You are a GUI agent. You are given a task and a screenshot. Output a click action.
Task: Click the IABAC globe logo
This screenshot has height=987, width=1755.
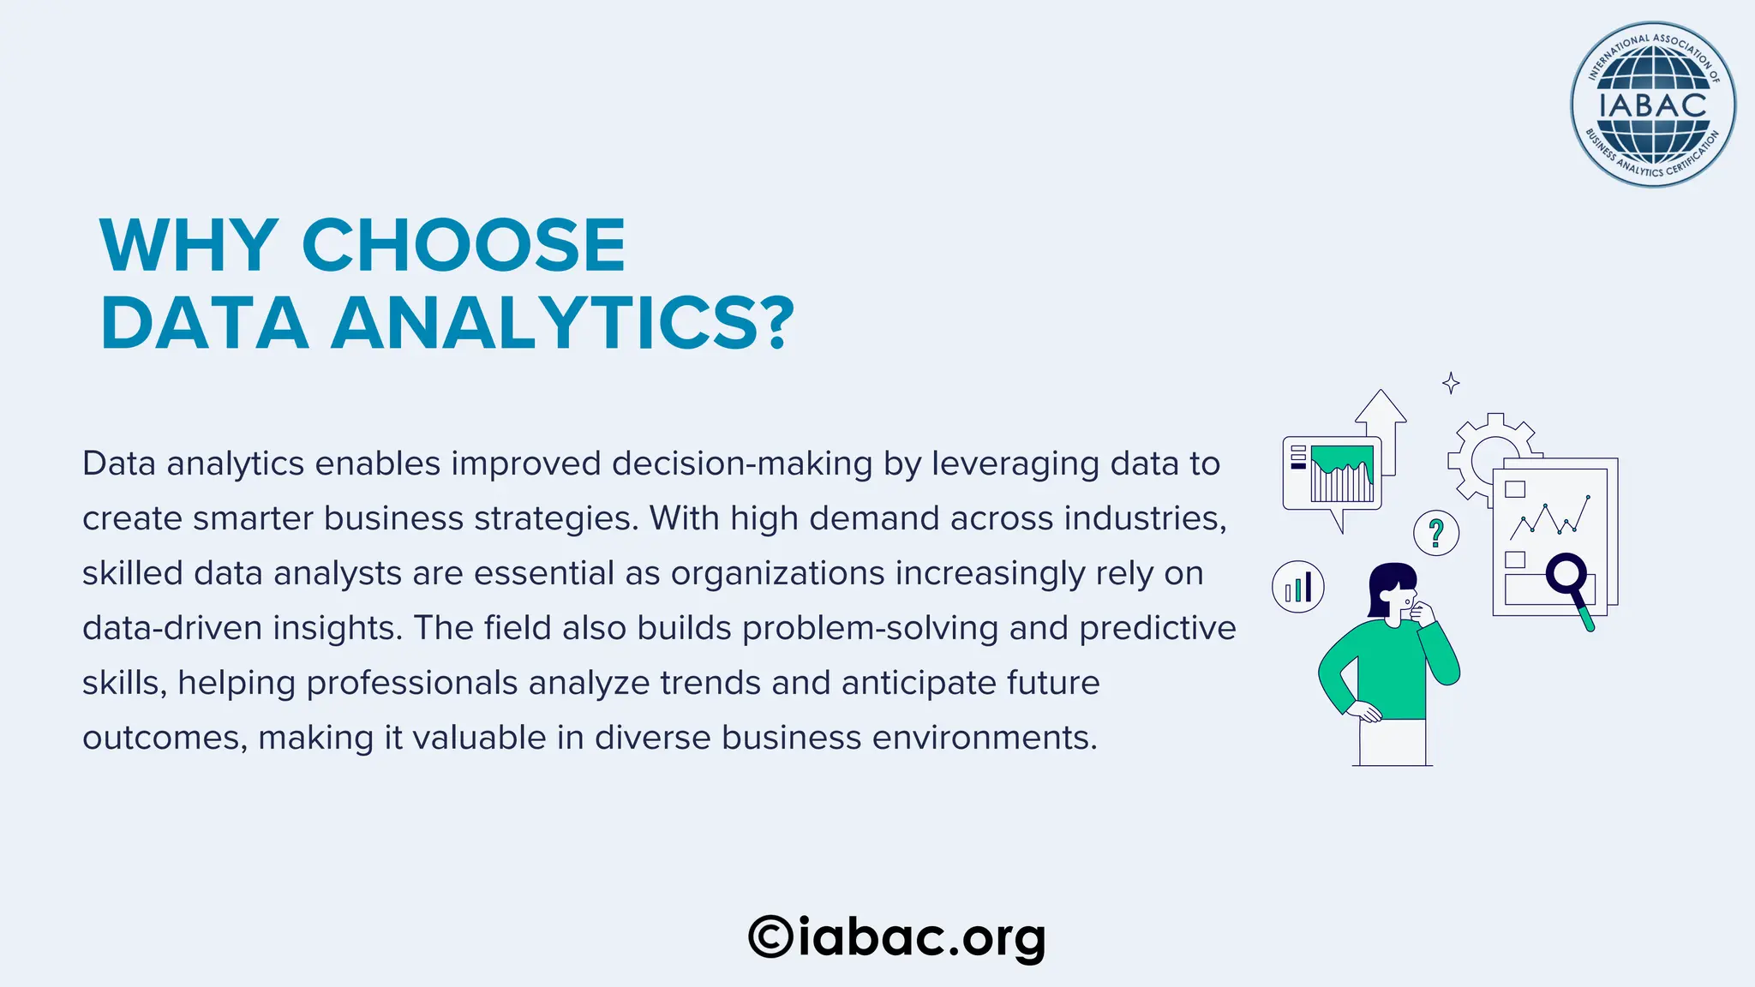pos(1652,105)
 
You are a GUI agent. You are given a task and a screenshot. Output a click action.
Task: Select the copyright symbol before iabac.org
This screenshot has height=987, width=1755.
pos(770,936)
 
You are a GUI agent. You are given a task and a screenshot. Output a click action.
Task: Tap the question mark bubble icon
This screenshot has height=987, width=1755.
pos(1436,533)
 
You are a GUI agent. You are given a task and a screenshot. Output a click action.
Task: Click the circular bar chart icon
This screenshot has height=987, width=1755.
pos(1298,587)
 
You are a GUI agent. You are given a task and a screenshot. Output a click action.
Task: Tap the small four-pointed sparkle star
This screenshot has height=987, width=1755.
pos(1451,383)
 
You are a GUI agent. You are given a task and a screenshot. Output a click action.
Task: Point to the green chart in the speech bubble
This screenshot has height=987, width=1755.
pos(1342,471)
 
